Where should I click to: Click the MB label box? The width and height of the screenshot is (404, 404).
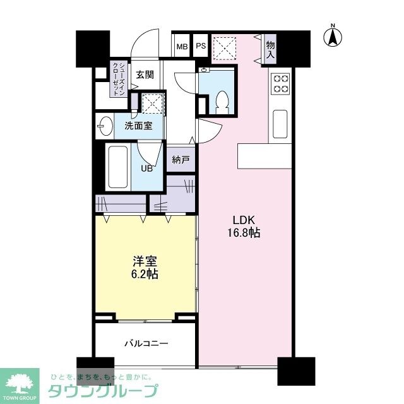(182, 46)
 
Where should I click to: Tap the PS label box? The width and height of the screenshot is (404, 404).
(200, 46)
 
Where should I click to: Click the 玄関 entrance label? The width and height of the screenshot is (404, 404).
(145, 74)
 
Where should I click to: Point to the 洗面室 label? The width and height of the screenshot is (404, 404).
(138, 125)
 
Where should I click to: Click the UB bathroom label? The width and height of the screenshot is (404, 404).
(146, 168)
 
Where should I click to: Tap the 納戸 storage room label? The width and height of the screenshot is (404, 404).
(181, 160)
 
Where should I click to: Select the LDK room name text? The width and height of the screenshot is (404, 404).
(243, 220)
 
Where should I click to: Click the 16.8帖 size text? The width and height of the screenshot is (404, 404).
(243, 232)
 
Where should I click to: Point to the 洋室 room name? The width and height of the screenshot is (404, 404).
(145, 260)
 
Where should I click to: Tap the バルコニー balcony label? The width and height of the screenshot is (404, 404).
(145, 344)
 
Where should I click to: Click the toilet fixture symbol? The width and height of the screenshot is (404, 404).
(221, 101)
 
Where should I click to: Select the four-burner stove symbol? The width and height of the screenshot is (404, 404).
(280, 84)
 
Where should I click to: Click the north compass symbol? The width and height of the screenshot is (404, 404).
(332, 36)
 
